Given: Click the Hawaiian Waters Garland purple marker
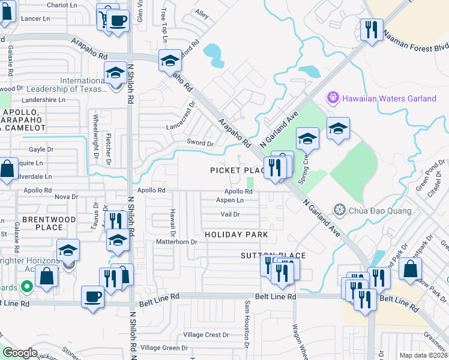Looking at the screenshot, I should click(x=332, y=97).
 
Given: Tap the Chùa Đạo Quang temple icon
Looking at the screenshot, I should click(x=340, y=210).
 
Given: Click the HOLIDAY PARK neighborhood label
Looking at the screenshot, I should click(x=235, y=233).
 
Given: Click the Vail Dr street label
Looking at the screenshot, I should click(x=230, y=214).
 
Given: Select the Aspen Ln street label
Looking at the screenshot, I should click(x=230, y=200).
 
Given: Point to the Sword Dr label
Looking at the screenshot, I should click(x=202, y=143).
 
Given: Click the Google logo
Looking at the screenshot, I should click(x=20, y=352).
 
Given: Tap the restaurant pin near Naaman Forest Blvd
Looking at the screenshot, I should click(x=372, y=29).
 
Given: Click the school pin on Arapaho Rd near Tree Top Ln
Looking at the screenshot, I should click(x=170, y=61).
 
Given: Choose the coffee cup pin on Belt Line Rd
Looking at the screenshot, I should click(x=93, y=296).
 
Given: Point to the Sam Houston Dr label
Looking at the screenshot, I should click(x=246, y=324).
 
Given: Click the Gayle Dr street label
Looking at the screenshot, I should click(x=41, y=149).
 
